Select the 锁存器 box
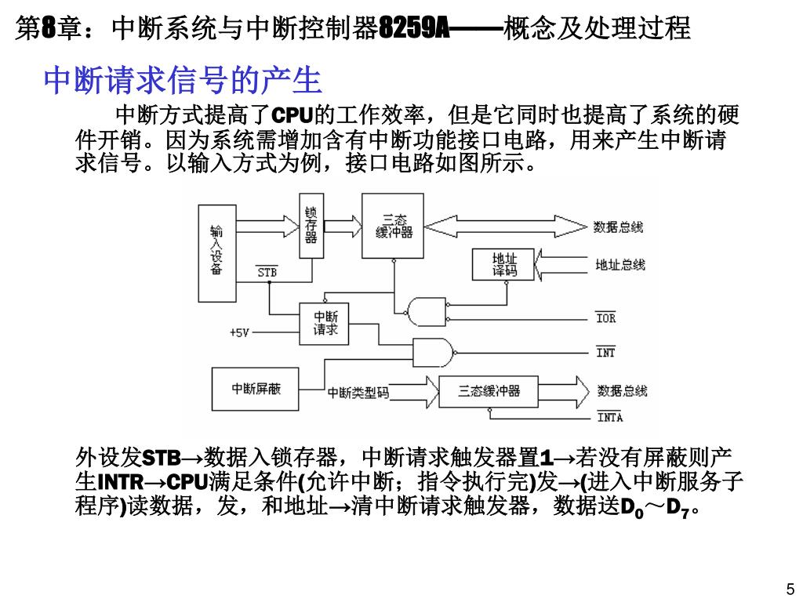click(x=311, y=226)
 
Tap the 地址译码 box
click(x=503, y=264)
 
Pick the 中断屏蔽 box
click(x=256, y=390)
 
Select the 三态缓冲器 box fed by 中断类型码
click(x=489, y=390)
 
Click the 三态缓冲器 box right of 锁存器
click(x=393, y=226)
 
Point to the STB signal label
click(x=267, y=273)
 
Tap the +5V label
click(x=239, y=332)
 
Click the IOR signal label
click(x=605, y=318)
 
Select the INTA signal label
click(x=609, y=417)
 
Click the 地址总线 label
click(x=620, y=265)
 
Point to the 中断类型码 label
click(x=358, y=392)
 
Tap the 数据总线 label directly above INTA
click(x=622, y=390)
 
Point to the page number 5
click(x=790, y=589)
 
